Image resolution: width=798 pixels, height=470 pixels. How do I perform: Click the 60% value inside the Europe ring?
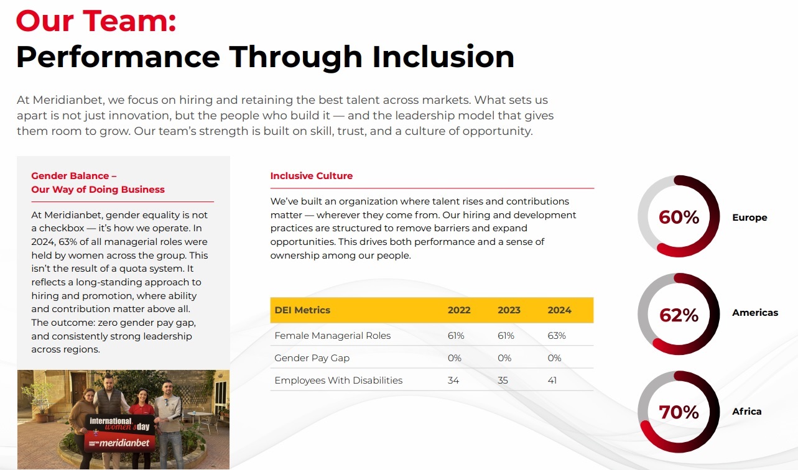pyautogui.click(x=679, y=217)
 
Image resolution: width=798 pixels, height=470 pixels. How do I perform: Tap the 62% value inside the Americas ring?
pyautogui.click(x=679, y=315)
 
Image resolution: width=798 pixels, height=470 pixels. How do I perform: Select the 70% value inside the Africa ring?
pyautogui.click(x=679, y=412)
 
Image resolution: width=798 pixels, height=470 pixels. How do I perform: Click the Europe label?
pyautogui.click(x=749, y=217)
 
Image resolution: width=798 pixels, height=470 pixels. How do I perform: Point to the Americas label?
pyautogui.click(x=755, y=313)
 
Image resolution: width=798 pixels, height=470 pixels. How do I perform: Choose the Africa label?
pyautogui.click(x=747, y=412)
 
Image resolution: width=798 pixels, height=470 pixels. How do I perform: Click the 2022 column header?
pyautogui.click(x=459, y=310)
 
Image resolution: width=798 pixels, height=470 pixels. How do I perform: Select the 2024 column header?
pyautogui.click(x=559, y=310)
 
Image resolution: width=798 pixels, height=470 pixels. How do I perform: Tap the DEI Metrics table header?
pyautogui.click(x=302, y=310)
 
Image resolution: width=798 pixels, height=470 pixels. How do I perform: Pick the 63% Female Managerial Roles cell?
pyautogui.click(x=557, y=336)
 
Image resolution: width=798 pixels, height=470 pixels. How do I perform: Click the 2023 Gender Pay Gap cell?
pyautogui.click(x=504, y=358)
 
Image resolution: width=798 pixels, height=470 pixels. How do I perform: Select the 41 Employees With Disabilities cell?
pyautogui.click(x=552, y=380)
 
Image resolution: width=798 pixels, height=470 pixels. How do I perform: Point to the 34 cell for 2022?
pyautogui.click(x=453, y=380)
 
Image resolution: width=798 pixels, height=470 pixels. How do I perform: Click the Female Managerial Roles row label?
pyautogui.click(x=332, y=336)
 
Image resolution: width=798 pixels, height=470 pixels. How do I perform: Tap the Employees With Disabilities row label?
pyautogui.click(x=338, y=380)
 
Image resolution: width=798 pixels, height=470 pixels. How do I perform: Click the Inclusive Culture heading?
pyautogui.click(x=312, y=175)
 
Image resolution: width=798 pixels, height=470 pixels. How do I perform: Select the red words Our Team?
pyautogui.click(x=96, y=21)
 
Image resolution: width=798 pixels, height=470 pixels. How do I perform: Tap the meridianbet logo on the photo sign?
pyautogui.click(x=124, y=443)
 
